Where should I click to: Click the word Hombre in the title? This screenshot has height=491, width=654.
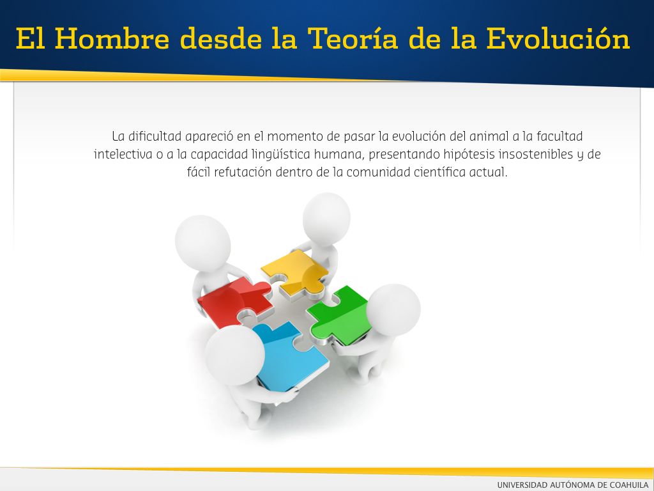click(x=112, y=38)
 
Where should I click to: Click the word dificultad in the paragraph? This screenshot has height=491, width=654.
click(x=155, y=136)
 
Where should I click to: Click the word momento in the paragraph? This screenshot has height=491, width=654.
click(x=292, y=137)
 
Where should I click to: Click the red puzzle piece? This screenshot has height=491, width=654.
click(x=234, y=302)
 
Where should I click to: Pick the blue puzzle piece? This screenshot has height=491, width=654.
click(x=289, y=355)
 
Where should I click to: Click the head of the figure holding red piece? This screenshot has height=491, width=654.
click(x=202, y=244)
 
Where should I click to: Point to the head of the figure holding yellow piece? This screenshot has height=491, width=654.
click(x=326, y=217)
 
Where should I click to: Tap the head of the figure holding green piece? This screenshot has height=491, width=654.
click(x=393, y=311)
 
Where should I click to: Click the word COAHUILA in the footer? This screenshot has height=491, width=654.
click(x=629, y=485)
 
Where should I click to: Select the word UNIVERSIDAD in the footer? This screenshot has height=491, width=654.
click(x=522, y=485)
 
